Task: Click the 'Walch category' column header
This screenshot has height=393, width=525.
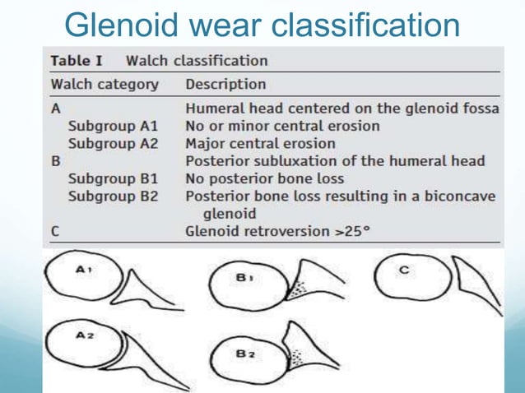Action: coord(105,85)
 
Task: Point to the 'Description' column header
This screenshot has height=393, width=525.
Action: coord(225,85)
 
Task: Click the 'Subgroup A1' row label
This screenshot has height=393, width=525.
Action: coord(113,126)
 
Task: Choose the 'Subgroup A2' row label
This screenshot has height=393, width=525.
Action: coord(113,143)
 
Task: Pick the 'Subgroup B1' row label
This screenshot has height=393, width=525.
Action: coord(113,178)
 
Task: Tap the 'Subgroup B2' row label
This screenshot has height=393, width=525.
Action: coord(113,196)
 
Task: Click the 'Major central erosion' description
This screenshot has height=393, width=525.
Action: coord(260,143)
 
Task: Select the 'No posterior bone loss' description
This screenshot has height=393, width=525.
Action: coord(264,178)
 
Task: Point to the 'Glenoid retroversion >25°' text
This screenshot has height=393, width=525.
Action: coord(277,231)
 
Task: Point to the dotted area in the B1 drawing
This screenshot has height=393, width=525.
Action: coord(294,290)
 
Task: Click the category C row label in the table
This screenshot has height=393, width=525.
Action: coord(55,231)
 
